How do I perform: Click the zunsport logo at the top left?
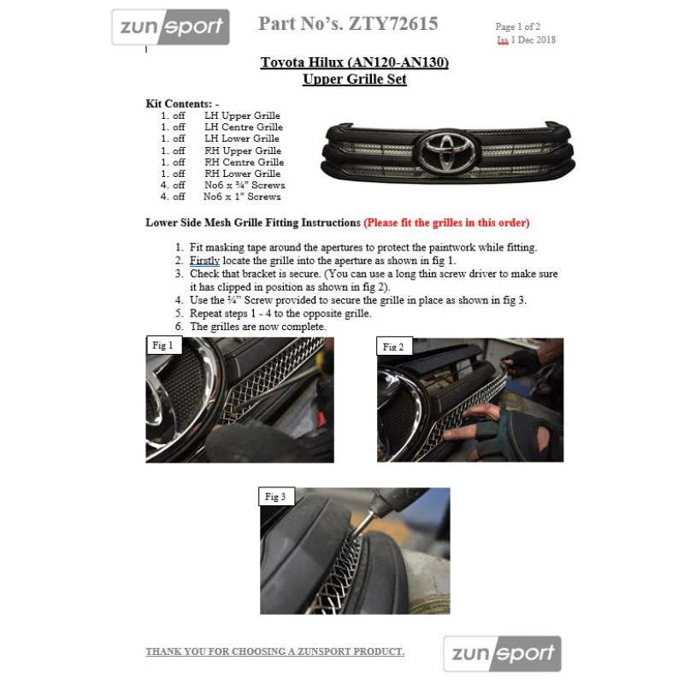(x=170, y=27)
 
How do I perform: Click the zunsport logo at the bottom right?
(x=502, y=653)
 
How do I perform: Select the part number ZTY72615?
(x=393, y=24)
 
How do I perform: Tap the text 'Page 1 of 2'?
(x=518, y=27)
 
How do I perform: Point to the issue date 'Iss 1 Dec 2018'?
(x=526, y=39)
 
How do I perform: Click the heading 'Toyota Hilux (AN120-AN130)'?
(x=355, y=62)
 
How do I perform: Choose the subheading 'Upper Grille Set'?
(x=355, y=79)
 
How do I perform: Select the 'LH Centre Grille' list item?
(x=244, y=127)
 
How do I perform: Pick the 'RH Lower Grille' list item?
(x=243, y=174)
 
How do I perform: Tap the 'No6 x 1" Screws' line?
(x=242, y=197)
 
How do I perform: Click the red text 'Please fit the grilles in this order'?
(x=446, y=222)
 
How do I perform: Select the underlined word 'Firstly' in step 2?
(x=204, y=261)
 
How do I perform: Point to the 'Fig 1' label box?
(x=163, y=345)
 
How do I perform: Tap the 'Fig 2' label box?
(x=393, y=346)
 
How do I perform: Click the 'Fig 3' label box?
(x=275, y=497)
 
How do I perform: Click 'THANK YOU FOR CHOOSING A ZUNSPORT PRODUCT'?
(x=274, y=652)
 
